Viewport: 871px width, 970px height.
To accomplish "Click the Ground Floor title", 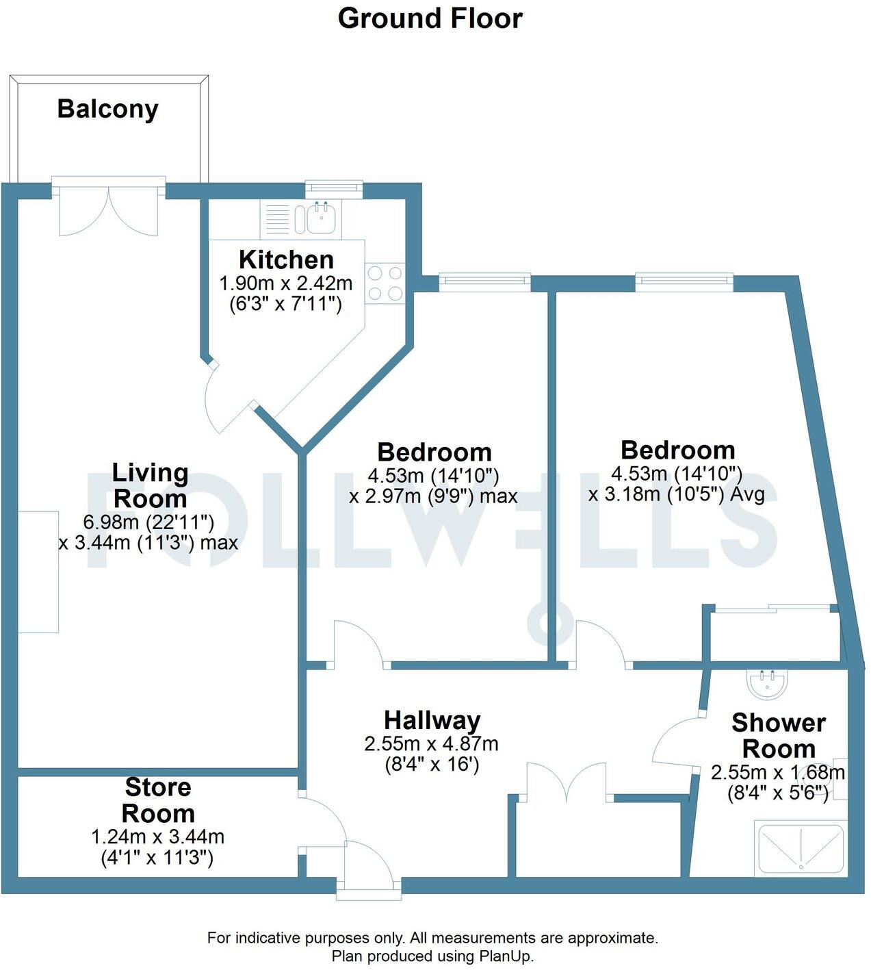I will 430,18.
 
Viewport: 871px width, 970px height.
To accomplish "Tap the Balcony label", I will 107,109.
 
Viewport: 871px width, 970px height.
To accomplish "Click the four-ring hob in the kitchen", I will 385,283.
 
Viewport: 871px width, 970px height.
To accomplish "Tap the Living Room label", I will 150,485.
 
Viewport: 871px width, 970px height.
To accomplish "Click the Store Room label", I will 158,800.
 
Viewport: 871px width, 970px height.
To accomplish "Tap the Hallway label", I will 432,720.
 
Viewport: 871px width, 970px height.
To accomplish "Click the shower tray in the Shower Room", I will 799,850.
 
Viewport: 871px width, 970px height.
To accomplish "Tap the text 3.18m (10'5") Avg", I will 677,494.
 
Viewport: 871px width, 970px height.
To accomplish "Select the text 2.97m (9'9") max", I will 433,496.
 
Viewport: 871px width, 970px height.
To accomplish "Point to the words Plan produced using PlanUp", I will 432,956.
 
